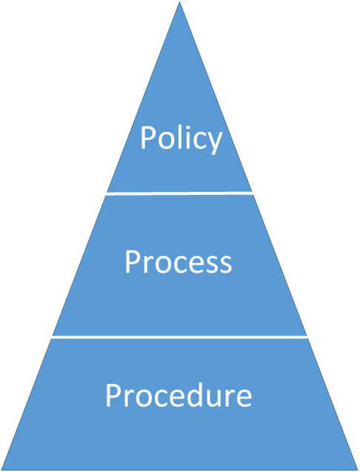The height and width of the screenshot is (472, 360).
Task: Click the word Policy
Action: pyautogui.click(x=181, y=139)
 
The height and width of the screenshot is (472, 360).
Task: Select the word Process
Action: pyautogui.click(x=179, y=262)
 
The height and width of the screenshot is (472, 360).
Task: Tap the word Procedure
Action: pyautogui.click(x=179, y=395)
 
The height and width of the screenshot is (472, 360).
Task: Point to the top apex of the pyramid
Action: pyautogui.click(x=180, y=3)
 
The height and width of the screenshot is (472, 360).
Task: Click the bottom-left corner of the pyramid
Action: pyautogui.click(x=3, y=468)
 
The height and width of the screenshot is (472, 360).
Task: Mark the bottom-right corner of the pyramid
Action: pyautogui.click(x=356, y=468)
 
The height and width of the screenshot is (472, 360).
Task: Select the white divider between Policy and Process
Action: pyautogui.click(x=179, y=193)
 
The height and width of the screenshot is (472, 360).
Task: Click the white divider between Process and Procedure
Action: pyautogui.click(x=179, y=337)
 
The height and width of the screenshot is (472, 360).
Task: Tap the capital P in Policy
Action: pyautogui.click(x=149, y=139)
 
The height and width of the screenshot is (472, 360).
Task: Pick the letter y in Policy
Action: pyautogui.click(x=213, y=142)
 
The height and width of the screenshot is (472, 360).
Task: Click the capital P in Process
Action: pyautogui.click(x=133, y=262)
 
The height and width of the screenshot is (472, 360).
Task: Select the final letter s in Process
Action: pyautogui.click(x=226, y=265)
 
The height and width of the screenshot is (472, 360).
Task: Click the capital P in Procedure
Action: pyautogui.click(x=114, y=395)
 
